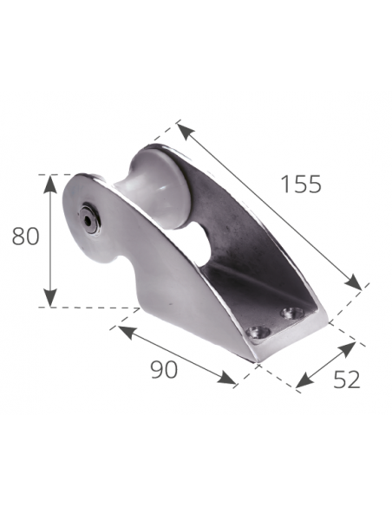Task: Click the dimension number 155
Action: click(x=301, y=184)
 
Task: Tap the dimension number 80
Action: click(x=26, y=237)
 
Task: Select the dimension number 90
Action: click(x=164, y=369)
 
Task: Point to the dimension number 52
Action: click(x=345, y=379)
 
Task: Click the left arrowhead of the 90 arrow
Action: click(x=122, y=329)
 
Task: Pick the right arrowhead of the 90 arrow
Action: click(x=232, y=381)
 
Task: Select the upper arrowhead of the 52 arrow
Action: click(x=350, y=346)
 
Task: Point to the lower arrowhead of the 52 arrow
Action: click(x=301, y=382)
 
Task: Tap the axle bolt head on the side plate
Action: click(x=89, y=219)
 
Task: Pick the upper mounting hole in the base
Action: click(x=295, y=311)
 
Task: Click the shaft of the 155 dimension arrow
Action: click(x=269, y=206)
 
